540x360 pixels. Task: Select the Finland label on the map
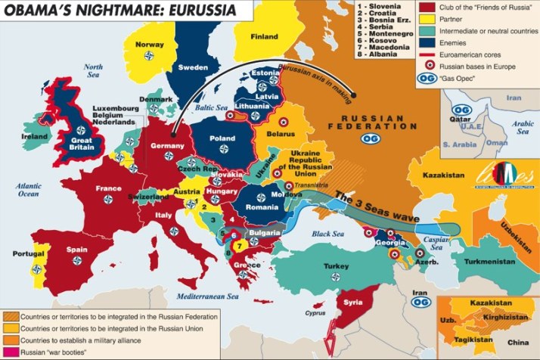(x=264, y=36)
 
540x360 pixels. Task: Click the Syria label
(x=354, y=302)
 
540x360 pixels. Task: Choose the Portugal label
(x=28, y=253)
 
